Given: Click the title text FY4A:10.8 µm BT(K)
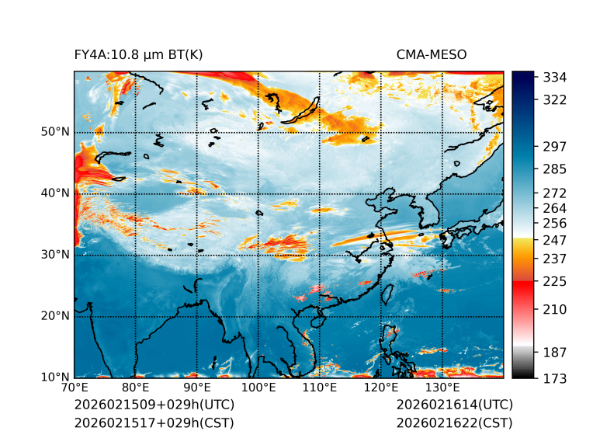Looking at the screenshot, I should tap(138, 55).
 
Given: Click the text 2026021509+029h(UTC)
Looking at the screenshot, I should tap(154, 405).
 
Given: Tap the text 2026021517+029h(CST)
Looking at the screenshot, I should tap(154, 423).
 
